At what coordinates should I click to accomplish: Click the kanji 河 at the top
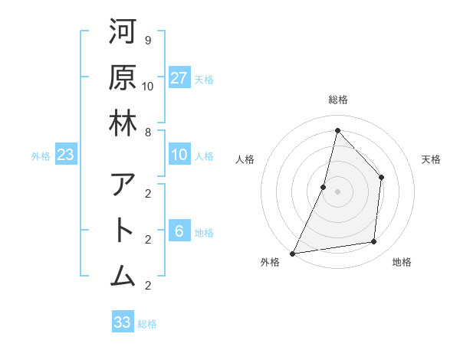[x=123, y=31]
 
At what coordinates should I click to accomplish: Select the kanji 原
[x=123, y=77]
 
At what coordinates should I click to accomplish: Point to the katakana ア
[x=123, y=185]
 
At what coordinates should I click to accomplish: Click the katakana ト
[x=123, y=231]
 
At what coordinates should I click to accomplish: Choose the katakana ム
[x=123, y=276]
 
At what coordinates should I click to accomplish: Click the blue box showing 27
[x=179, y=78]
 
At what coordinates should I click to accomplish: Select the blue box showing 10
[x=179, y=155]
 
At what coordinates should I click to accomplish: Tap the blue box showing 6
[x=179, y=231]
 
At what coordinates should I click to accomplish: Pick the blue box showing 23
[x=66, y=155]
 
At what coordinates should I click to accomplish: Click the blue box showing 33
[x=123, y=322]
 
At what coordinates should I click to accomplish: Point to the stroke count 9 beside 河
[x=147, y=39]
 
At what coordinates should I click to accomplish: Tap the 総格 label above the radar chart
[x=337, y=100]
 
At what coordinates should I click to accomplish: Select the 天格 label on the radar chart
[x=431, y=159]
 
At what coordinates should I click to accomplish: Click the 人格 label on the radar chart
[x=245, y=159]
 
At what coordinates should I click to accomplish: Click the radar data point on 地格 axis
[x=374, y=242]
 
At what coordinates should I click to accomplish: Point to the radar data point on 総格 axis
[x=337, y=130]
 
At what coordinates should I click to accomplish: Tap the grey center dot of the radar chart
[x=337, y=191]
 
